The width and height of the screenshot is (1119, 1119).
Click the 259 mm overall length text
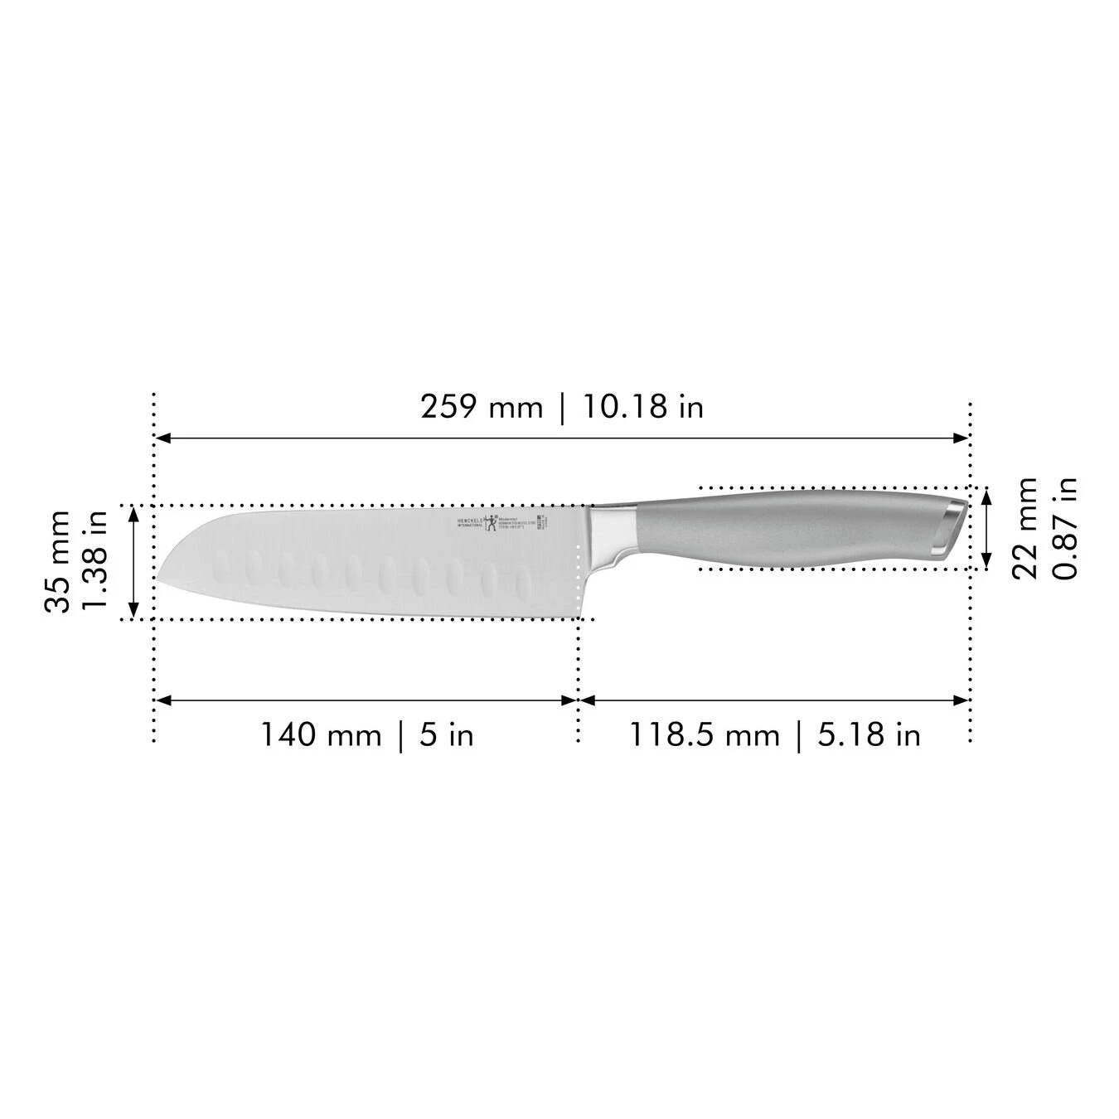coord(482,407)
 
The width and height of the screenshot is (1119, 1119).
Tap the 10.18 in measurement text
coord(643,407)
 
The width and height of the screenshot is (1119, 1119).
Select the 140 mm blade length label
coord(322,735)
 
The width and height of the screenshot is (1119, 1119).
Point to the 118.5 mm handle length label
coord(705,735)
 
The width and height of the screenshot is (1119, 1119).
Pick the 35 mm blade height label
coord(58,561)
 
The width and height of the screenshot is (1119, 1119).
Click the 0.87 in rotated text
coord(1064,528)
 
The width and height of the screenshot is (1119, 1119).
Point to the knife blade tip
coord(159,579)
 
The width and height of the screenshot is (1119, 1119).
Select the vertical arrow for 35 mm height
coord(133,562)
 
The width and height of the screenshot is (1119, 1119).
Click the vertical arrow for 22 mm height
coord(986,528)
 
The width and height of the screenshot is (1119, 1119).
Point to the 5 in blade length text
coord(446,735)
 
